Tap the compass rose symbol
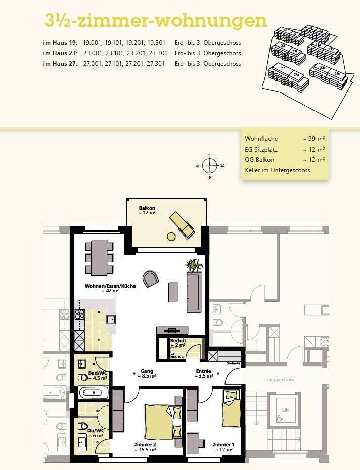point(209,165)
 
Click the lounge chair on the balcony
point(181,225)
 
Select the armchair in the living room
point(150,278)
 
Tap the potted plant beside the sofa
point(194,265)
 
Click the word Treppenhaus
point(281,379)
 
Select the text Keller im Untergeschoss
point(277,170)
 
